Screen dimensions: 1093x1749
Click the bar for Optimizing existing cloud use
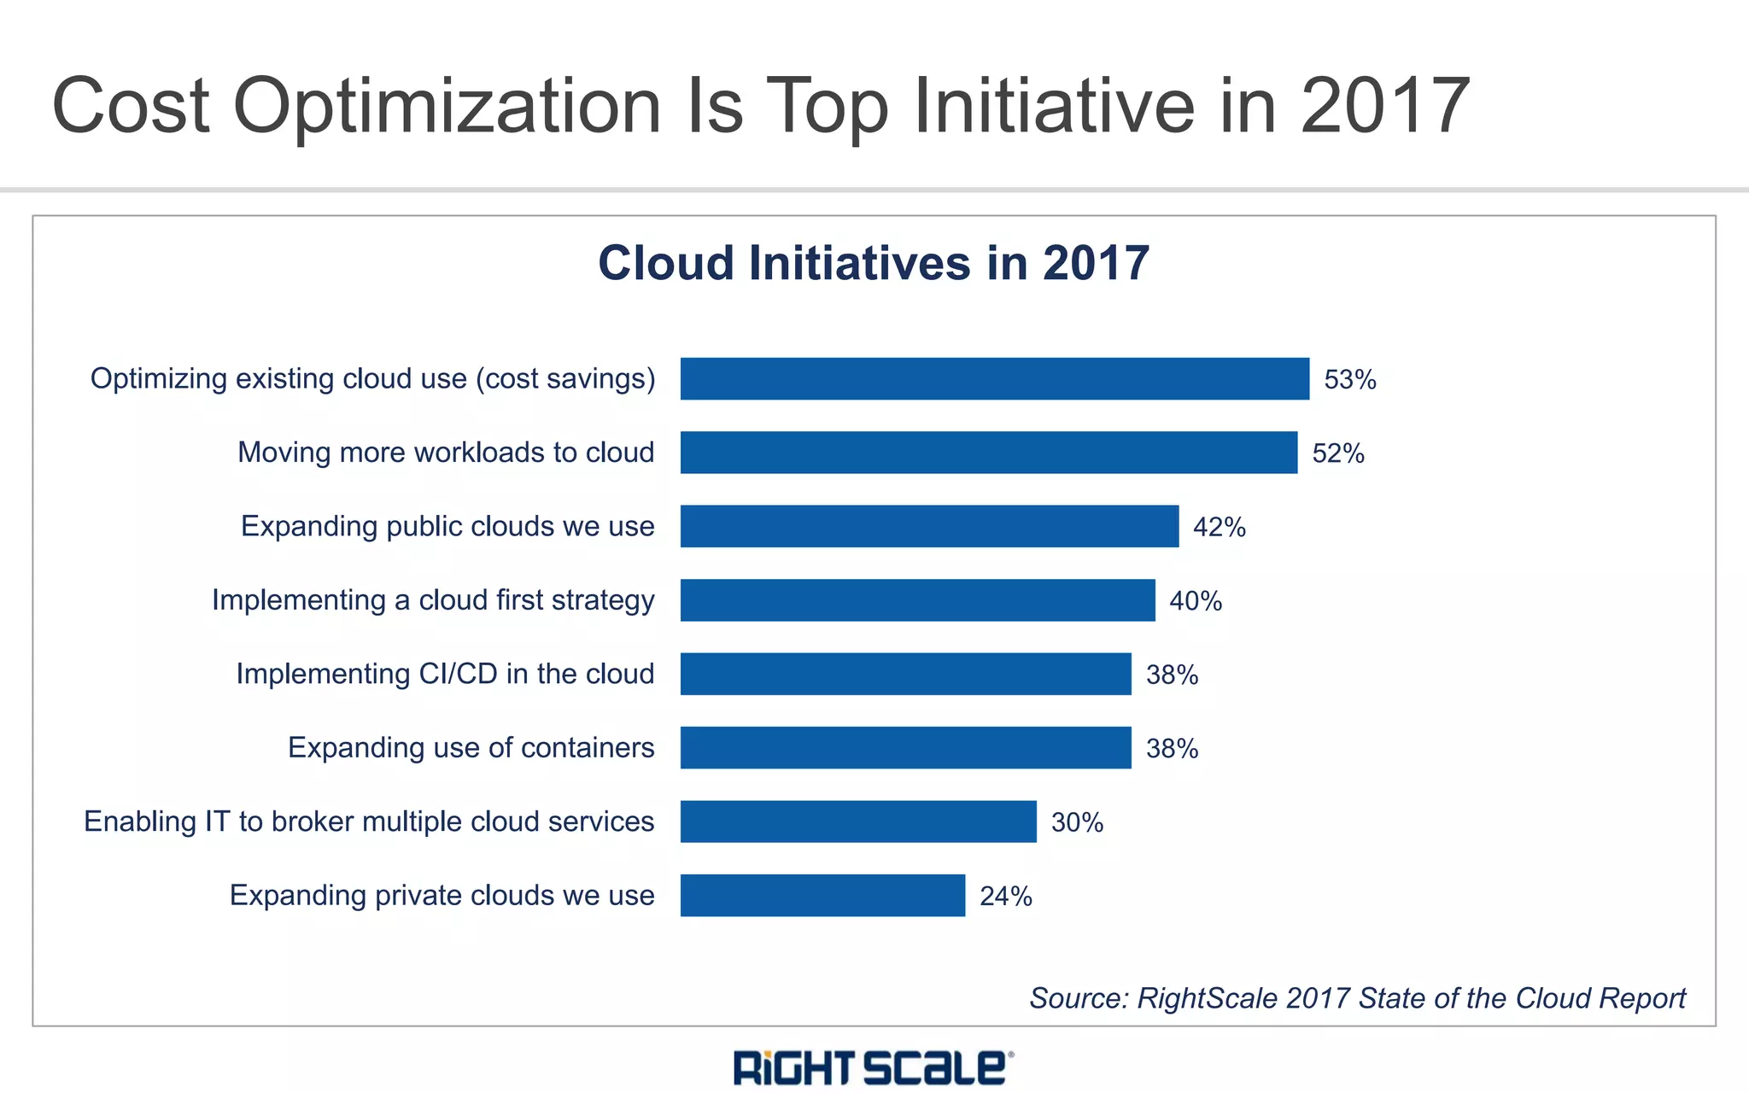994,378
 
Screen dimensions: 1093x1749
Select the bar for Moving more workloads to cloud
988,453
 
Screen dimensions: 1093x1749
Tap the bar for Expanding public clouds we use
929,526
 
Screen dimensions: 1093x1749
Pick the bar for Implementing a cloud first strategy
917,600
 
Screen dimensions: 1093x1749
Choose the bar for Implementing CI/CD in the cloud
905,674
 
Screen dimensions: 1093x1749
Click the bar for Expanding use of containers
905,747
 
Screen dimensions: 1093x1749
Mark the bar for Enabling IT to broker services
858,821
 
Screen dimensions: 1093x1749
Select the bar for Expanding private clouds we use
822,895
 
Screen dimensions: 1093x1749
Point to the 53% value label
1349,379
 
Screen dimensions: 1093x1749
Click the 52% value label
1337,453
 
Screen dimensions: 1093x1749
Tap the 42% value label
1219,527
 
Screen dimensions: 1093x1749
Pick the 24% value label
1005,896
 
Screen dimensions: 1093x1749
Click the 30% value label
1077,822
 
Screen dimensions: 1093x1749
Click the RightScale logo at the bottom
873,1067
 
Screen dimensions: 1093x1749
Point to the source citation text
1357,997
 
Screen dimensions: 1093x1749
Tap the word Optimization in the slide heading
447,107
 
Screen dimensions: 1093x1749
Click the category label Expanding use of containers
471,747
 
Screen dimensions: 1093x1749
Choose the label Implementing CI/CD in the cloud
445,674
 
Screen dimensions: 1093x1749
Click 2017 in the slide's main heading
1384,107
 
